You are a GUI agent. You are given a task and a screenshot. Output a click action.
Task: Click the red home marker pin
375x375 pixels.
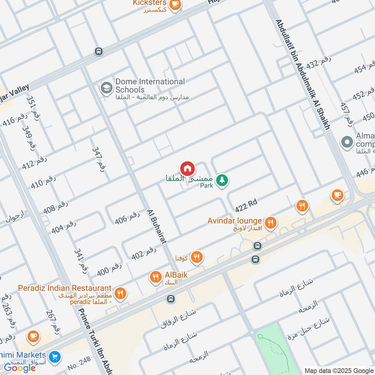click(187, 168)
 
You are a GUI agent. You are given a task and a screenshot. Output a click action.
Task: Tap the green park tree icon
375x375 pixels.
click(222, 180)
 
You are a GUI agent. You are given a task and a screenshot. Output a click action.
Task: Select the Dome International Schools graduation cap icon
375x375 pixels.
click(106, 87)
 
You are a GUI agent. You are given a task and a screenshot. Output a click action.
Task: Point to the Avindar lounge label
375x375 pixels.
click(234, 220)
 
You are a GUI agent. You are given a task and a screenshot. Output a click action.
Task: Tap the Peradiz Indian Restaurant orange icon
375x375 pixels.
click(120, 293)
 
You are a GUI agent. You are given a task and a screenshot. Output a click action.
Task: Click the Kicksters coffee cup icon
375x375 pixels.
click(175, 5)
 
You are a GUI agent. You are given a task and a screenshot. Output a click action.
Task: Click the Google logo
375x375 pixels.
click(20, 368)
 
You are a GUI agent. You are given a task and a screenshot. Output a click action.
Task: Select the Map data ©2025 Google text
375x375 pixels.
click(338, 370)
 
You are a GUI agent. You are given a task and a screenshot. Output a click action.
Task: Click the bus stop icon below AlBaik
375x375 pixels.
click(172, 299)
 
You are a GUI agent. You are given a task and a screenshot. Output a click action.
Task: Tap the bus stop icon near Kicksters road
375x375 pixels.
click(98, 51)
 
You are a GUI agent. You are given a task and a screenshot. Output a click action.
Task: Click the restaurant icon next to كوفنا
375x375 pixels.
click(197, 256)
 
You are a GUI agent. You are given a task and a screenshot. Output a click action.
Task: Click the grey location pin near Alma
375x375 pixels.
click(347, 142)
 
